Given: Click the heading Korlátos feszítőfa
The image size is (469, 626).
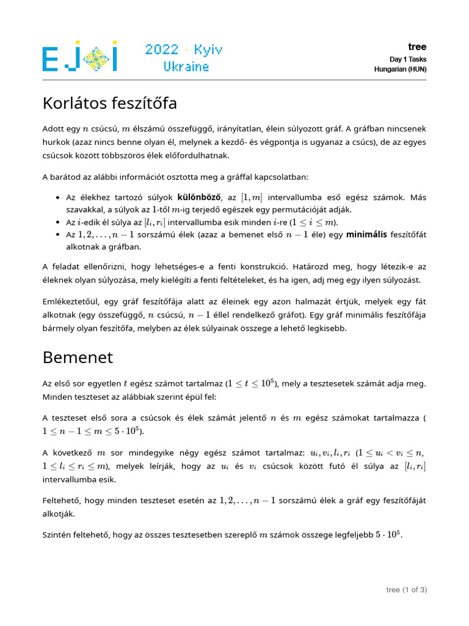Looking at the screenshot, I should [x=110, y=104].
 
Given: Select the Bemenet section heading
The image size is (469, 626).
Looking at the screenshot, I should [x=78, y=356].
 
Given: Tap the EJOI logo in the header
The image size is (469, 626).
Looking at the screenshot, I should [x=80, y=56].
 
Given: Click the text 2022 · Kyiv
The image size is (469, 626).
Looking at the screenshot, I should [x=184, y=50].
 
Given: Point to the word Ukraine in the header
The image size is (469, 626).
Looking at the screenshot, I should [x=186, y=67].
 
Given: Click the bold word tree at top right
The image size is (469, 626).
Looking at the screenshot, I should [x=417, y=47].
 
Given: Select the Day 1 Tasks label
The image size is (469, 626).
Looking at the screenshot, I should [x=408, y=59].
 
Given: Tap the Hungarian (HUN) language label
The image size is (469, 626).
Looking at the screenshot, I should [x=400, y=70].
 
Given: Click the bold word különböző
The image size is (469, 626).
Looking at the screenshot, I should [x=199, y=197].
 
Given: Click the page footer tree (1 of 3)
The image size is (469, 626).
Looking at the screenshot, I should [x=406, y=589].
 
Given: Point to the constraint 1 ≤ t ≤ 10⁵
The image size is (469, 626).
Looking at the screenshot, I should [x=250, y=384].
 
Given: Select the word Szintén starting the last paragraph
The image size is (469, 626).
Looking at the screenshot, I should [x=57, y=535].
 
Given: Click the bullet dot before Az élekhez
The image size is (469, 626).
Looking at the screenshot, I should [x=57, y=198].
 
